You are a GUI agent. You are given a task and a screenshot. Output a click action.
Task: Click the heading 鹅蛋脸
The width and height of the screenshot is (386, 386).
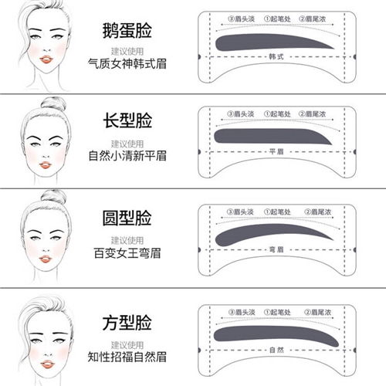tap(127, 31)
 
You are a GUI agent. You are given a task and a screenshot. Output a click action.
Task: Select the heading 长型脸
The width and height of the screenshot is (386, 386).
tap(127, 120)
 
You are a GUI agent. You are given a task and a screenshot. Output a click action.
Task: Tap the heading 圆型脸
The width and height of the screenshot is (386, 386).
tap(127, 218)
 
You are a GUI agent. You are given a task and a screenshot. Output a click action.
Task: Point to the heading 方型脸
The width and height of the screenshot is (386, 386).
tap(127, 323)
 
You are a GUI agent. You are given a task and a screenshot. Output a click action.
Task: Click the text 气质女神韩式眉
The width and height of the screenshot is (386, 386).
tap(127, 63)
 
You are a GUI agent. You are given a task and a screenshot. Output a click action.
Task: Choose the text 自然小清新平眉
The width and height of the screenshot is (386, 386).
tap(127, 156)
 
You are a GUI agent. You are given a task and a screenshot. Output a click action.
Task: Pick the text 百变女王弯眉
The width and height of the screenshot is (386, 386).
tap(127, 253)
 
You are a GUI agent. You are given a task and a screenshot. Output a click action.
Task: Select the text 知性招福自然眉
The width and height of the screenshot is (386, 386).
tap(127, 357)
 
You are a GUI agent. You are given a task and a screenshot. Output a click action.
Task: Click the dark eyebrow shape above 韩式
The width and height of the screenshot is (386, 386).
tap(268, 42)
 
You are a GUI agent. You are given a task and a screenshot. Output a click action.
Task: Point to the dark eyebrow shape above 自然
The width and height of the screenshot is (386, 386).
tap(273, 334)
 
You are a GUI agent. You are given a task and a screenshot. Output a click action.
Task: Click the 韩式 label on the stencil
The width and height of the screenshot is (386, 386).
tap(276, 56)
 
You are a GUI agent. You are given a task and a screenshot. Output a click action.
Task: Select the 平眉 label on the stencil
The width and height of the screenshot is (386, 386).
tap(276, 151)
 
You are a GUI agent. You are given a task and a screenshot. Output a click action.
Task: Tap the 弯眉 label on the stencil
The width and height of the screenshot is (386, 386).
tap(276, 249)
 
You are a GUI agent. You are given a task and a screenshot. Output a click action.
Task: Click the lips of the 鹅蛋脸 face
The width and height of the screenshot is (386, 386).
tap(46, 59)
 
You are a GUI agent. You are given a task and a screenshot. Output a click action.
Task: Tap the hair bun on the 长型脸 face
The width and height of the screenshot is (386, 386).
tap(53, 103)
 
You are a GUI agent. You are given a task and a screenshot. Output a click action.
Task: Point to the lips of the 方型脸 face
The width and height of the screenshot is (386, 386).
tap(48, 364)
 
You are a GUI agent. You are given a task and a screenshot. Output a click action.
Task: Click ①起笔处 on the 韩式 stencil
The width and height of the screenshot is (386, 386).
tap(277, 19)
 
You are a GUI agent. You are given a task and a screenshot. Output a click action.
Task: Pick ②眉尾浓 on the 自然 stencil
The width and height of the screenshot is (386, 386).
tap(317, 312)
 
